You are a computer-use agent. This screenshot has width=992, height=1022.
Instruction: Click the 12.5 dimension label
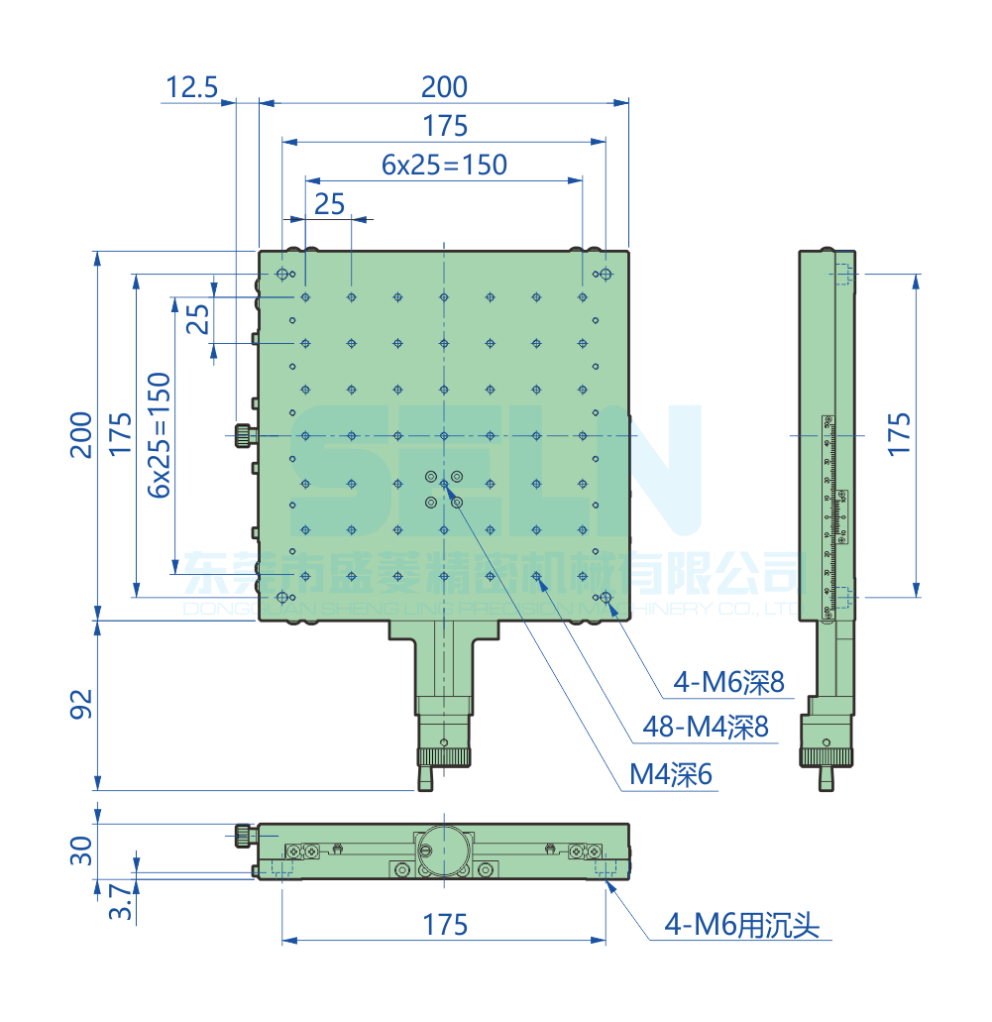tap(191, 87)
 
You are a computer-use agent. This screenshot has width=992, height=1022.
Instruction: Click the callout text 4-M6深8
tap(728, 682)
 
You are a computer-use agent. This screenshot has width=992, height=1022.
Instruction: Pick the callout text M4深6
tap(671, 775)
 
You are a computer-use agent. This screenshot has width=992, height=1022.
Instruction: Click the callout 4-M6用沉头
tap(741, 927)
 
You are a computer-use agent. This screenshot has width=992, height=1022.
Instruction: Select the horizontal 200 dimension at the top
tap(444, 87)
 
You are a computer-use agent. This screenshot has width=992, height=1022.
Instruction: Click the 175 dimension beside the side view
tap(898, 434)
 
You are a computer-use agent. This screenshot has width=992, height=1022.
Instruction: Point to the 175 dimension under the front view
tap(445, 925)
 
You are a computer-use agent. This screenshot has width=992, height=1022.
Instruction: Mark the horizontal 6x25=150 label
tap(444, 165)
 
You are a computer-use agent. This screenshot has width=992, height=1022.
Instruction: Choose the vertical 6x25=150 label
tap(159, 434)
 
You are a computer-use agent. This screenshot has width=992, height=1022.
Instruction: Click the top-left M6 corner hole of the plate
tap(282, 274)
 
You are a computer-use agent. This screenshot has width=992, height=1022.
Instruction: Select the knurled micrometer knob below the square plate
tap(443, 757)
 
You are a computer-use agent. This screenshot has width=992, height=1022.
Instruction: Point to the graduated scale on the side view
tap(833, 506)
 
